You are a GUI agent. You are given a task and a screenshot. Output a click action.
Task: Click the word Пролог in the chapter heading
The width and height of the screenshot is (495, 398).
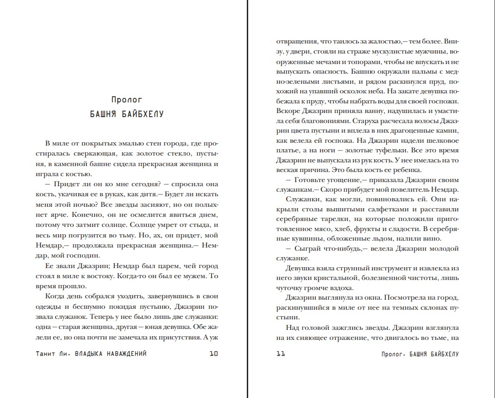pos(127,99)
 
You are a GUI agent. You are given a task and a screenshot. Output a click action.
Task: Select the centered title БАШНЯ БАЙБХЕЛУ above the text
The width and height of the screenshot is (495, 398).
pos(127,114)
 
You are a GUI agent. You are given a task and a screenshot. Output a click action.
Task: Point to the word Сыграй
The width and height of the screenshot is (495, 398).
pos(309,248)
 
